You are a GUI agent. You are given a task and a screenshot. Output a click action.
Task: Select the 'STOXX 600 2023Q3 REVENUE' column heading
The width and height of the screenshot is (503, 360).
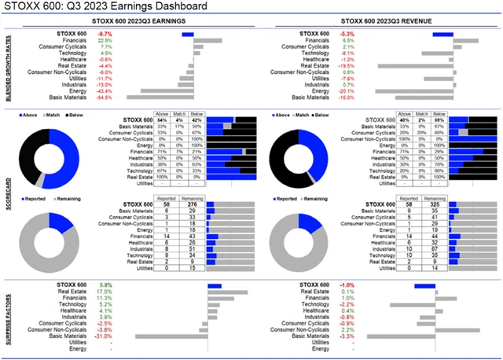(380, 22)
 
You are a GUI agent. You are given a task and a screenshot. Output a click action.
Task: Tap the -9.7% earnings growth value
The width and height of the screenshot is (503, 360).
(104, 35)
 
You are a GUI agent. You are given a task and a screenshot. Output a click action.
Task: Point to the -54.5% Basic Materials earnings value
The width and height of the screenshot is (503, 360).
(104, 97)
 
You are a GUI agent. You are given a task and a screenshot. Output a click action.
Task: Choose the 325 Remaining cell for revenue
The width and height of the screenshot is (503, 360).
(431, 204)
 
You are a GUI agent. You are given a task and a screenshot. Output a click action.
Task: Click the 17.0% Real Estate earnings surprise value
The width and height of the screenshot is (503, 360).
(105, 292)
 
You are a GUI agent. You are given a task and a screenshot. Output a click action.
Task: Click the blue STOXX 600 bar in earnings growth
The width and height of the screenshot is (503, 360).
(188, 35)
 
